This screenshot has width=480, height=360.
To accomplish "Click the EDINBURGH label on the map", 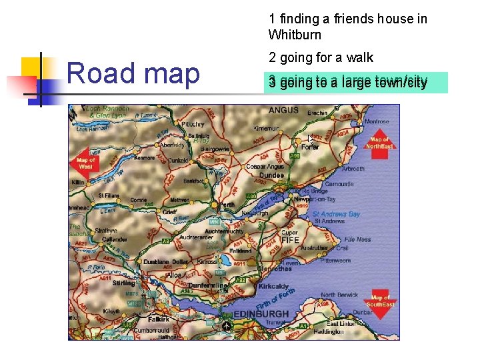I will click(263, 314).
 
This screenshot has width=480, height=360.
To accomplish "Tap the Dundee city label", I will click(271, 175).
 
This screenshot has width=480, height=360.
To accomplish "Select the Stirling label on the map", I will click(123, 283).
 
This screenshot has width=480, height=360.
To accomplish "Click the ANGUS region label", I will click(283, 110).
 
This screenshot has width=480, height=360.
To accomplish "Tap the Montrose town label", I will click(376, 122).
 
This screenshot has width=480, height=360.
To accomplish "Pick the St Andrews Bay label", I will click(336, 214).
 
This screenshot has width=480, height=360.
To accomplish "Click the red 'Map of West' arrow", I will click(85, 163).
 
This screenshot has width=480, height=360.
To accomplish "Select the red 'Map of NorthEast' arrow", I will click(379, 144).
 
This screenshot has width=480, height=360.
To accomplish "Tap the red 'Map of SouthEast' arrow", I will click(381, 303).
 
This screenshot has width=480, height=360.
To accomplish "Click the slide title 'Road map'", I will click(133, 73).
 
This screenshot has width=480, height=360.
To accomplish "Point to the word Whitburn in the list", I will click(295, 35).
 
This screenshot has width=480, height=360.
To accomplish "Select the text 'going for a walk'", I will click(326, 57).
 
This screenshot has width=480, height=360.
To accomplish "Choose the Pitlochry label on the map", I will click(193, 124).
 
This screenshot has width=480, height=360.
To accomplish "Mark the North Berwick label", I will click(340, 295).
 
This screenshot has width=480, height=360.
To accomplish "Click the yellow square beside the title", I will click(31, 69).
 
